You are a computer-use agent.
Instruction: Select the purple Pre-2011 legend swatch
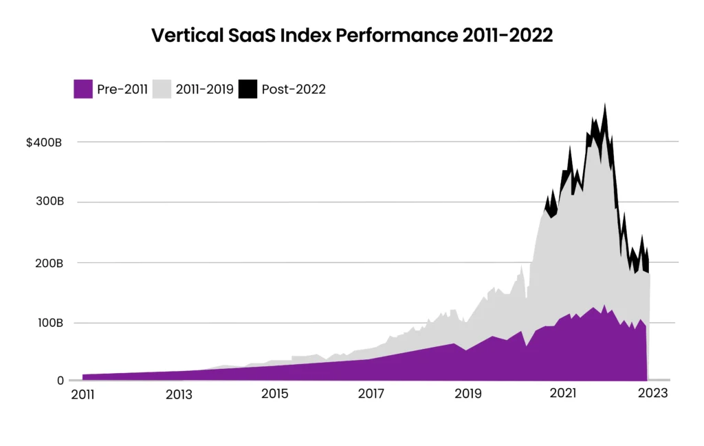tap(83, 89)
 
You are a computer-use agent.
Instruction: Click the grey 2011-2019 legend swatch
tap(162, 89)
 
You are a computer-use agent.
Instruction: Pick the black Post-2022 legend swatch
tap(247, 89)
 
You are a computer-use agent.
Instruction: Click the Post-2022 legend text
tap(294, 89)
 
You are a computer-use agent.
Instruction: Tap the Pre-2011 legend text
tap(122, 89)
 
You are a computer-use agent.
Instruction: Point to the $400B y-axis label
tap(45, 142)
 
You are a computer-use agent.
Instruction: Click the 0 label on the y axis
tap(60, 381)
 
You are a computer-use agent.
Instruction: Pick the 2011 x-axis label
tap(83, 394)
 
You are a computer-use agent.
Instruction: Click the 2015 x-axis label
tap(274, 394)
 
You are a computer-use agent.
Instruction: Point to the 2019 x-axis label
tap(467, 394)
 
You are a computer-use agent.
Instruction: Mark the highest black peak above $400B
tap(605, 106)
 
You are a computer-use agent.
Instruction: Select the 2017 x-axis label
tap(371, 394)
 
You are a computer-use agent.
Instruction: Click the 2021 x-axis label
tap(563, 394)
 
